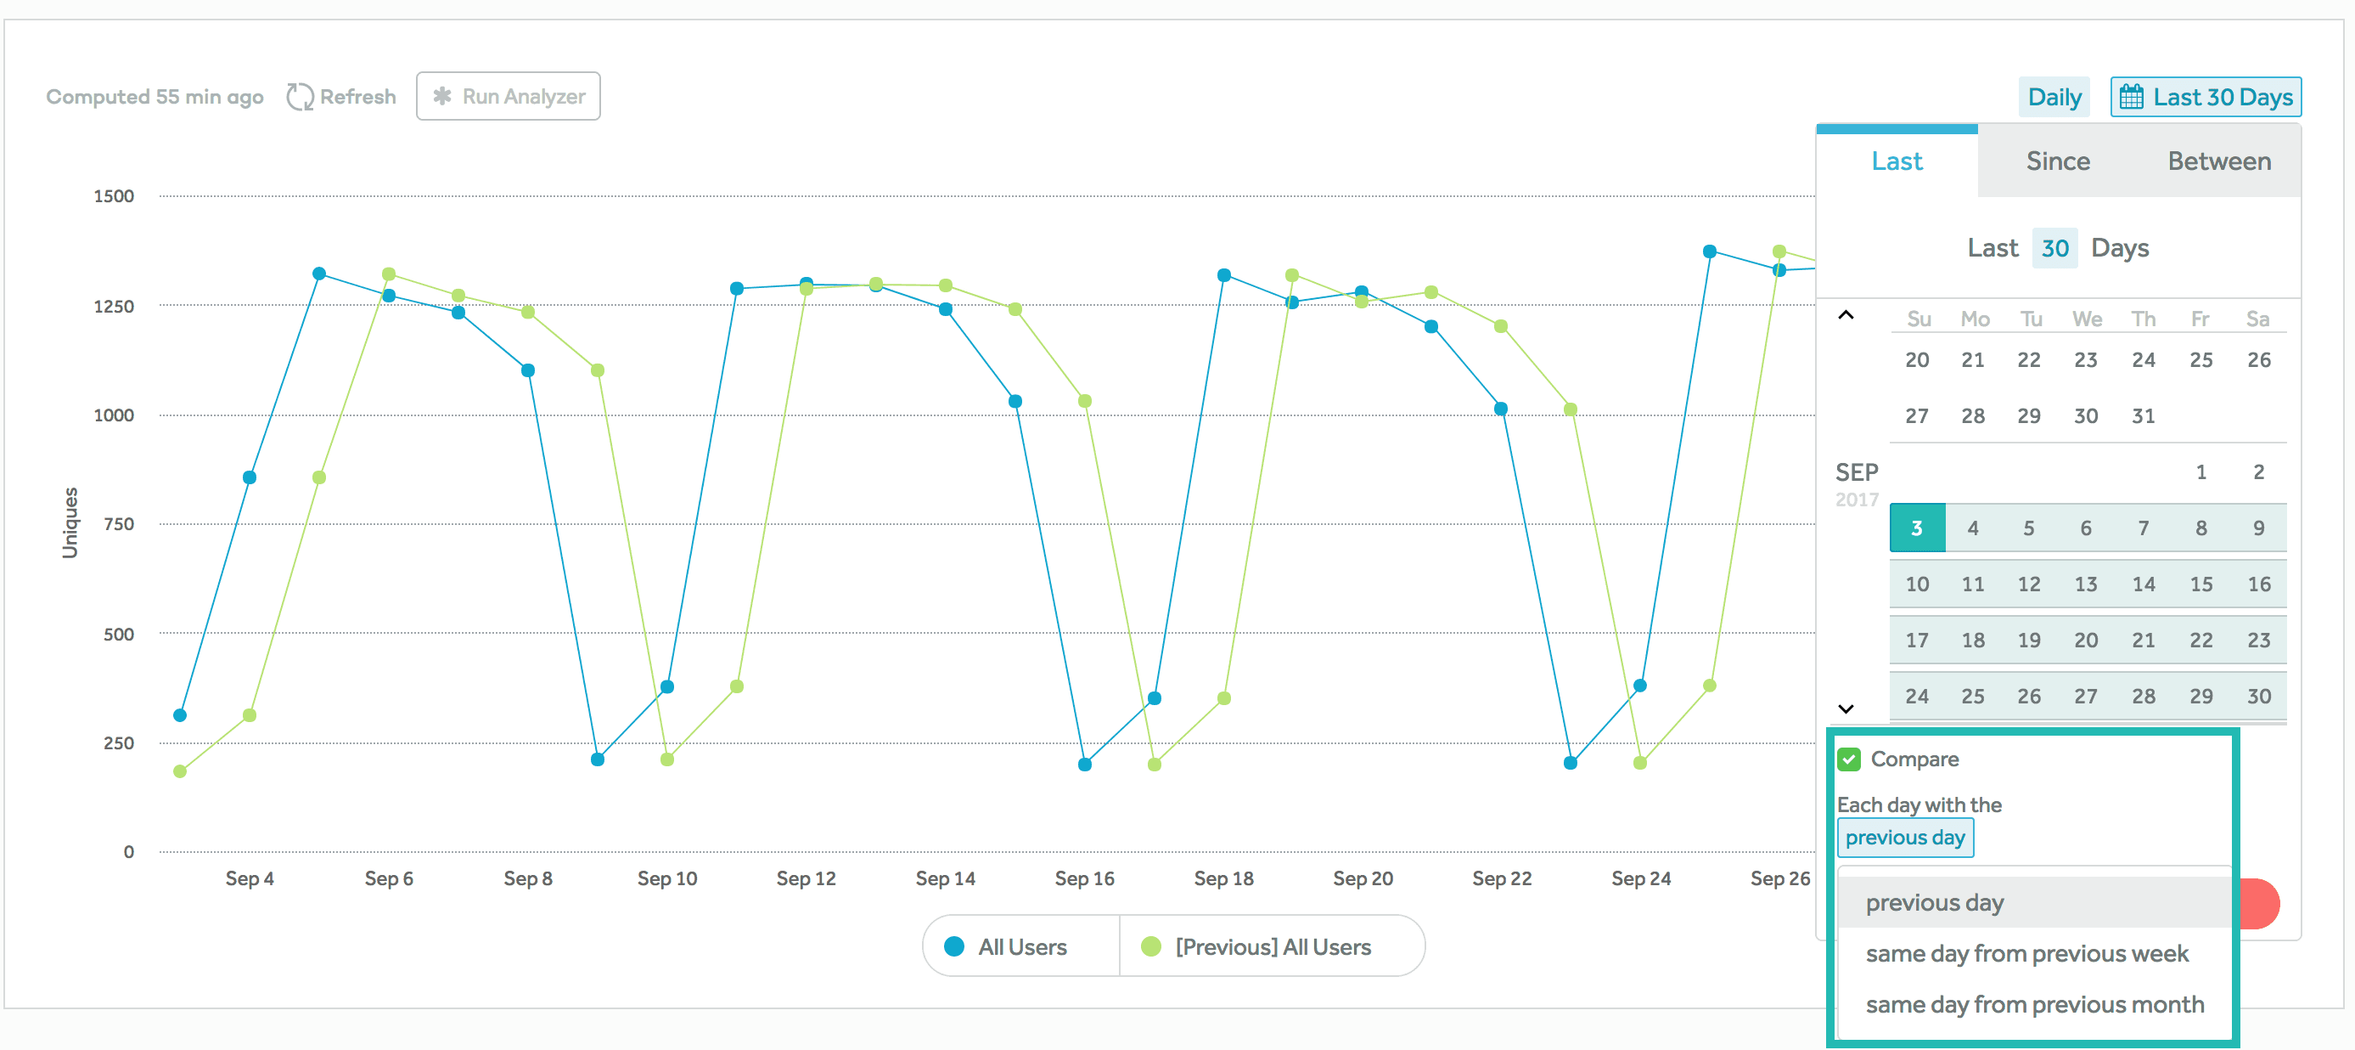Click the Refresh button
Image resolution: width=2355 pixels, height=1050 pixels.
[x=342, y=96]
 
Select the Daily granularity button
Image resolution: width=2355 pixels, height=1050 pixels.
[x=2054, y=97]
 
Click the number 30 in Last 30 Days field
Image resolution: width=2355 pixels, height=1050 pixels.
[x=2054, y=248]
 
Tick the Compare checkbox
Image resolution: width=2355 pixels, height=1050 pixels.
[x=1849, y=759]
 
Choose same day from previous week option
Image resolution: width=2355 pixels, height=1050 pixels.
[x=2026, y=954]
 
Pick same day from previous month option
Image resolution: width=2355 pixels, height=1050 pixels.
[x=2034, y=1004]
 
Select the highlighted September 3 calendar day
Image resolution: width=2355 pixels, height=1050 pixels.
[x=1916, y=528]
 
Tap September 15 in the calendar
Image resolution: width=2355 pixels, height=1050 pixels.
[x=2200, y=584]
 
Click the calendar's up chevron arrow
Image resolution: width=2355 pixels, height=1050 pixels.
[x=1846, y=315]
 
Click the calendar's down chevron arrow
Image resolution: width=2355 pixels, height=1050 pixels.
[x=1846, y=708]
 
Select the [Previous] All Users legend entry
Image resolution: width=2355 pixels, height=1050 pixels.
[x=1257, y=946]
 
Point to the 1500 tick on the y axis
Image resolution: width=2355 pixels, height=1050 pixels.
[x=114, y=195]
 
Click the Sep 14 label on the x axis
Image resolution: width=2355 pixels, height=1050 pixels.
[x=945, y=878]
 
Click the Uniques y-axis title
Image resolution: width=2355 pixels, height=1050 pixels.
[x=70, y=522]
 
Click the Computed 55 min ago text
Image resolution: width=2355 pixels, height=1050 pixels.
[x=155, y=97]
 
